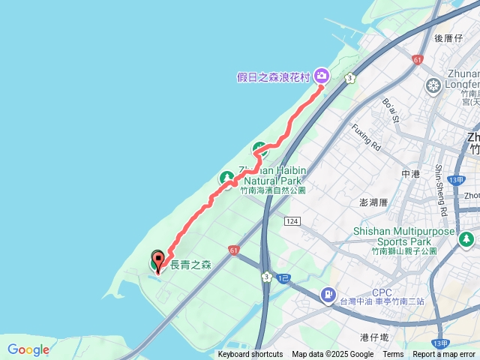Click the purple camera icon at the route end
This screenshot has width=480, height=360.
click(x=322, y=75)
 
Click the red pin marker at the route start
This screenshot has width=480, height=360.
click(x=158, y=264)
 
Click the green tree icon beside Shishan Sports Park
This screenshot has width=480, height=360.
click(x=466, y=239)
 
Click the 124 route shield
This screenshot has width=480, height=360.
click(x=292, y=221)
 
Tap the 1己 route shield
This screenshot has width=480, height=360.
click(x=283, y=278)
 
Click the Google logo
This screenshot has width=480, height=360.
click(x=28, y=349)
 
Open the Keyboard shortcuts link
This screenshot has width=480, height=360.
click(x=250, y=355)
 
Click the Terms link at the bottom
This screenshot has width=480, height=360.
click(x=393, y=355)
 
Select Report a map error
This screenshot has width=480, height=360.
click(x=444, y=355)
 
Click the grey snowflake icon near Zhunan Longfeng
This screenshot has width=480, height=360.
click(x=433, y=85)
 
